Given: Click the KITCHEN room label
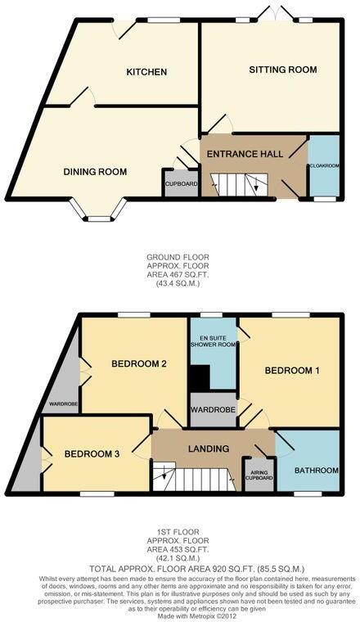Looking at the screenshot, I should coord(146,72).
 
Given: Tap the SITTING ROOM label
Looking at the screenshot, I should coord(283,70).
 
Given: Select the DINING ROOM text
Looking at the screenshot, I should coord(96,172).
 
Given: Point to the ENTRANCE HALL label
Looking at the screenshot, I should coord(245,154).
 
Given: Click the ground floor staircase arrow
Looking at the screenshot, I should coord(255,187).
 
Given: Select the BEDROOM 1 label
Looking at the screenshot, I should coord(292,371).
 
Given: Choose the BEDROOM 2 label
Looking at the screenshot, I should coord(140,363).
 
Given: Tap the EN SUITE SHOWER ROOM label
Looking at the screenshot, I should coord(213,340).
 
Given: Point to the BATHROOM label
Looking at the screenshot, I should coord(317,470).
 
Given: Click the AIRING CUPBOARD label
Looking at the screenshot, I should coord(259,474).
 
